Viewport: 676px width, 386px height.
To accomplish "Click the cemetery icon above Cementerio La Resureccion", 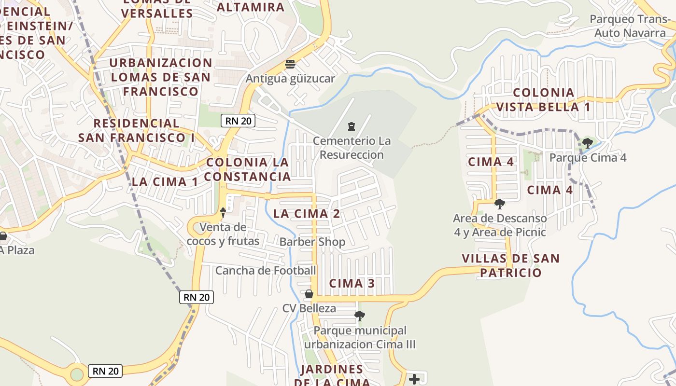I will pyautogui.click(x=352, y=126).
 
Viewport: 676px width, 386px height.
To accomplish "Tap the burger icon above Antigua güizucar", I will pyautogui.click(x=290, y=64).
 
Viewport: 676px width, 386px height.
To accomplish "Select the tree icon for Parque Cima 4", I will pyautogui.click(x=588, y=143).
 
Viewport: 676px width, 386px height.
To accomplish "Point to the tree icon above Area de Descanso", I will pyautogui.click(x=500, y=204).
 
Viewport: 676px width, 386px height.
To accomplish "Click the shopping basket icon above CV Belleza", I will pyautogui.click(x=309, y=294).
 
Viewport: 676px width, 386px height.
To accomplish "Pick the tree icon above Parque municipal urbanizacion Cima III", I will pyautogui.click(x=360, y=316).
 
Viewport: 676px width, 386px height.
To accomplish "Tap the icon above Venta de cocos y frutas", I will pyautogui.click(x=223, y=212).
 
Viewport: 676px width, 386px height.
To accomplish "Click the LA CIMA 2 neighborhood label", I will pyautogui.click(x=307, y=214).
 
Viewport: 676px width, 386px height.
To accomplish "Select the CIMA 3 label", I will pyautogui.click(x=352, y=283).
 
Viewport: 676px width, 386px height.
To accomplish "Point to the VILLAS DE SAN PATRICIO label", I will pyautogui.click(x=511, y=265).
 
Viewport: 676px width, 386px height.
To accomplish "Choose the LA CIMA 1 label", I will pyautogui.click(x=165, y=182).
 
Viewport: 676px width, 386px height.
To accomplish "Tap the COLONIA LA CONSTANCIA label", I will pyautogui.click(x=247, y=169).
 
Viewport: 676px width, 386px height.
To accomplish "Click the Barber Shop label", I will pyautogui.click(x=312, y=242).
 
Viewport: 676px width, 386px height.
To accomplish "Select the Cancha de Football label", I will pyautogui.click(x=266, y=271).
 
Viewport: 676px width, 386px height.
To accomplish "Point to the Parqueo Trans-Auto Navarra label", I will pyautogui.click(x=630, y=26).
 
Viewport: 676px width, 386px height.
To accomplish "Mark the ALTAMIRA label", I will pyautogui.click(x=251, y=7).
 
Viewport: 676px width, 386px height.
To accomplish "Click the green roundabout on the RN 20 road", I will pyautogui.click(x=77, y=374).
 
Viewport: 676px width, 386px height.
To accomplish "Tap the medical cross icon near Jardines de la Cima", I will pyautogui.click(x=414, y=379).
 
